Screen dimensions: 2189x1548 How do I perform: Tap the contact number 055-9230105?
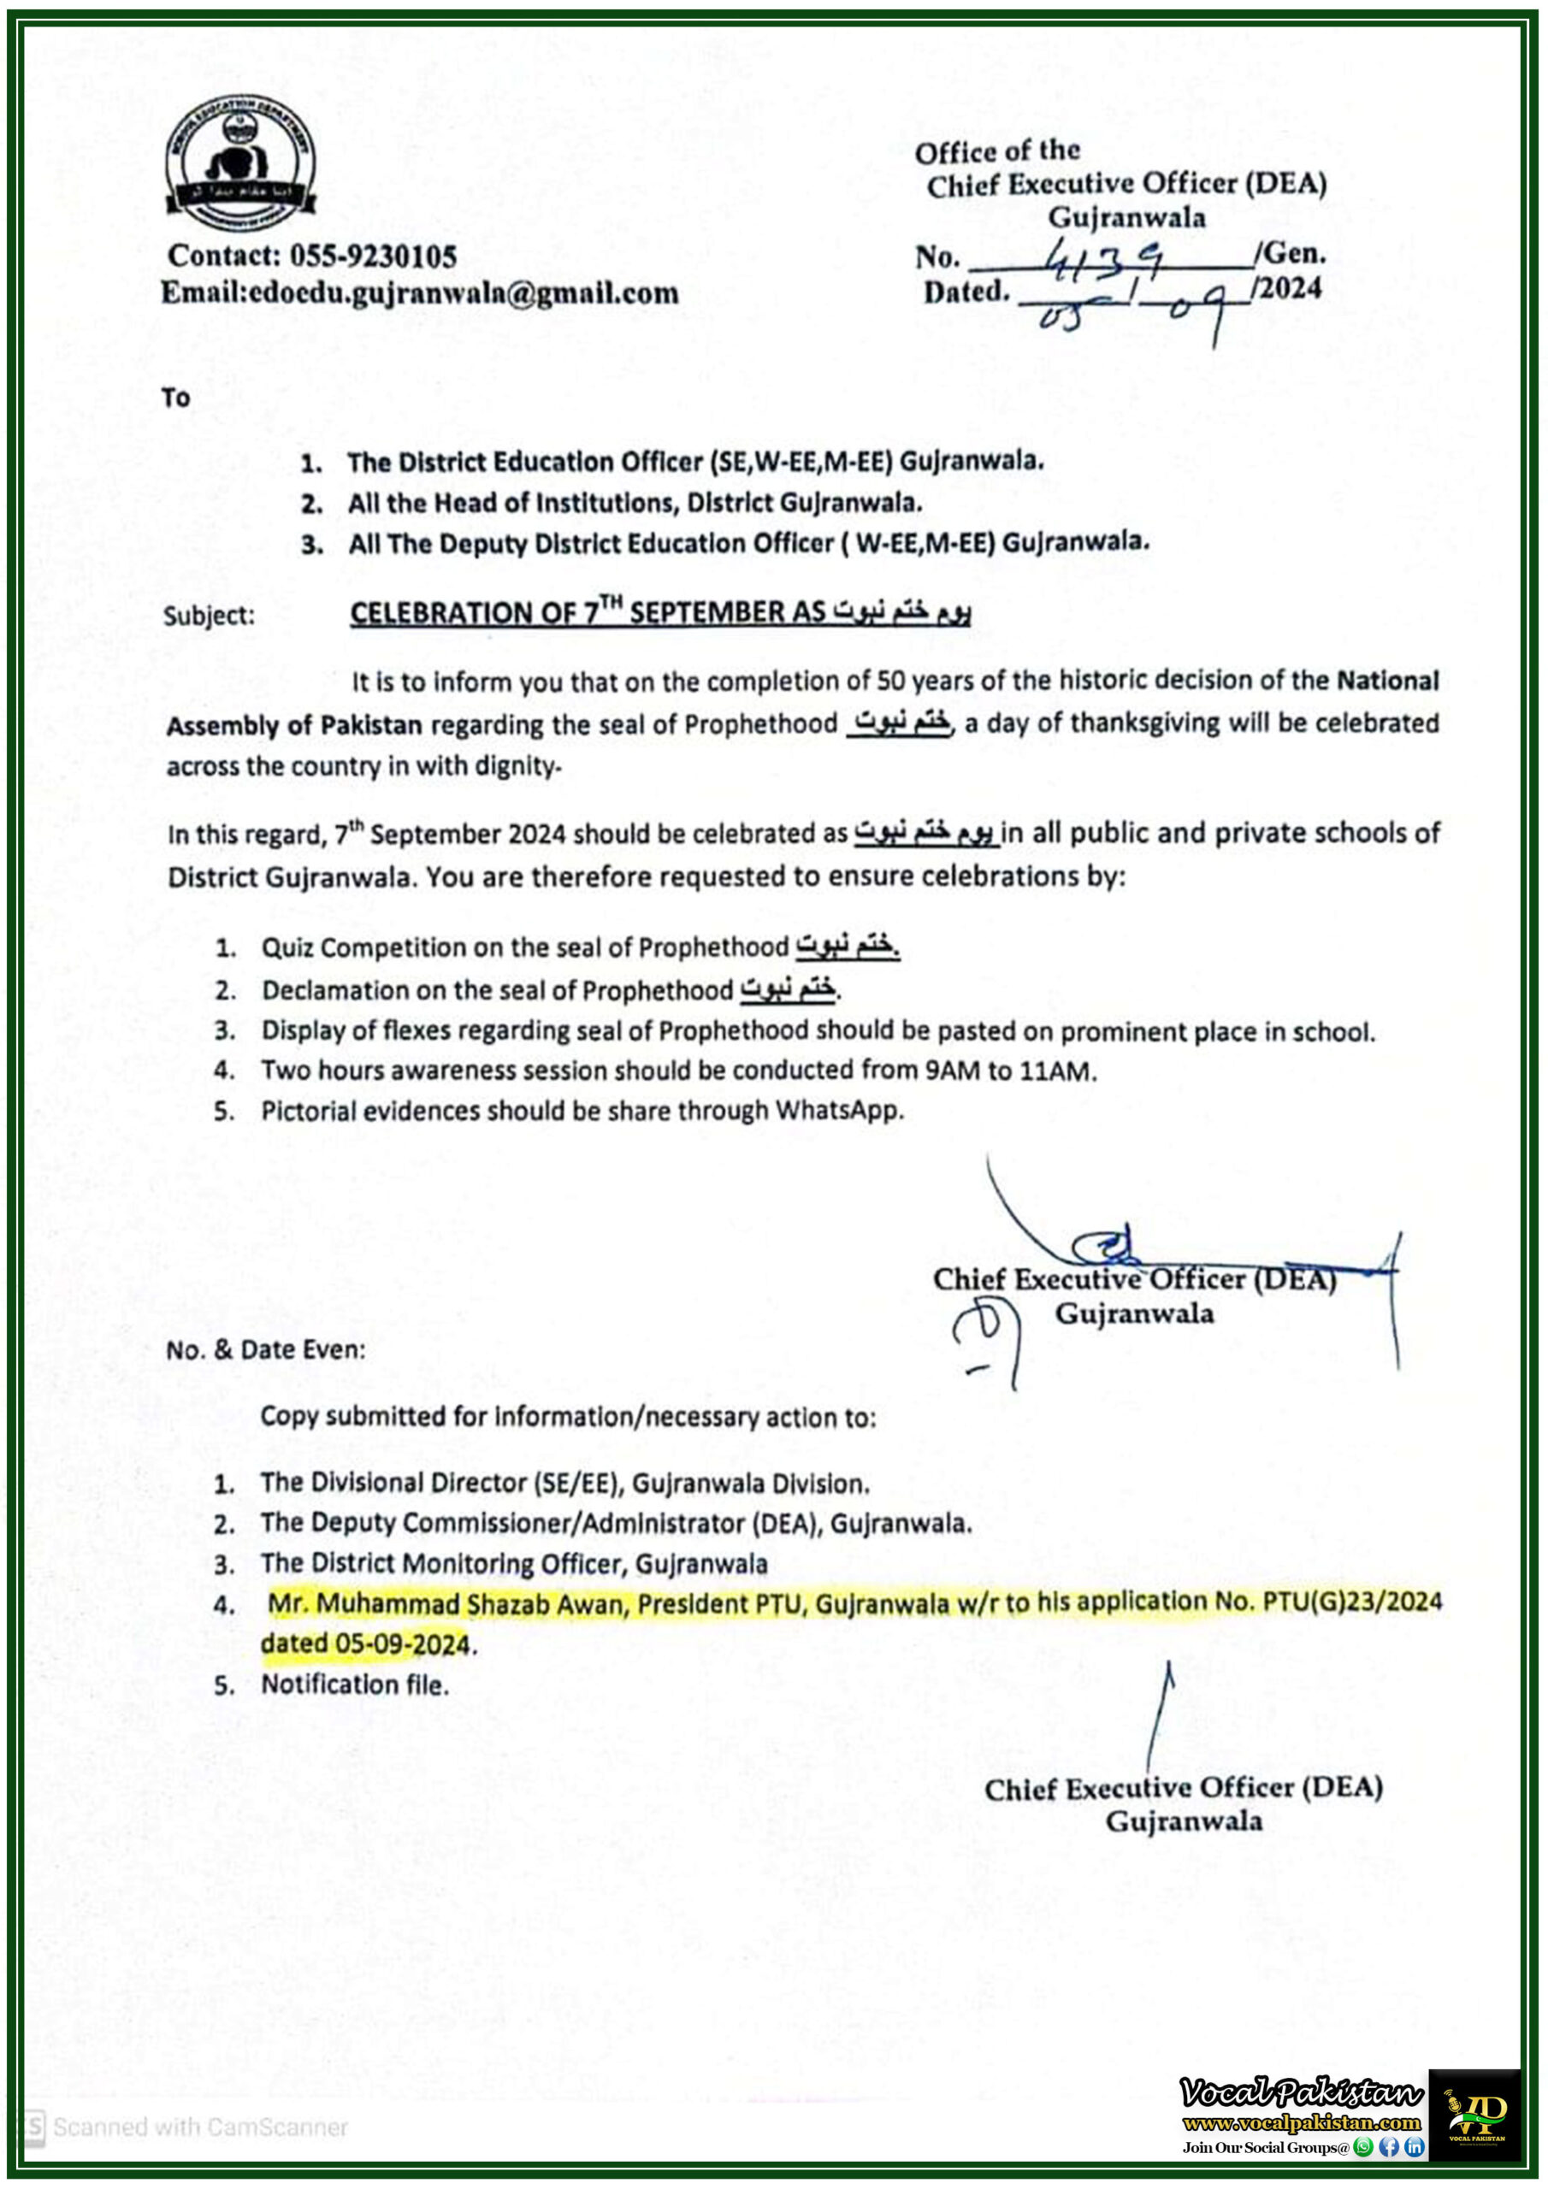click(373, 256)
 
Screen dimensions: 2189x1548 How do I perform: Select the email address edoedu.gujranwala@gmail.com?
click(464, 292)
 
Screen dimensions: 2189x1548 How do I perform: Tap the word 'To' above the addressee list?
click(175, 398)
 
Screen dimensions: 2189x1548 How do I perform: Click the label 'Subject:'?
click(209, 615)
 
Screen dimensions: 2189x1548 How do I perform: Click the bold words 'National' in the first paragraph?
click(1387, 681)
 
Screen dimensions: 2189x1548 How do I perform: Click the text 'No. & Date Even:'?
click(265, 1350)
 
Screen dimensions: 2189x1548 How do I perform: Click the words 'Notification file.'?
click(354, 1685)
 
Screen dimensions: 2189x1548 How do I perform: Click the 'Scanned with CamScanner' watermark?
click(198, 2127)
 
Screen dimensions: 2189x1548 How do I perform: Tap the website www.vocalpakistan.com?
click(1301, 2123)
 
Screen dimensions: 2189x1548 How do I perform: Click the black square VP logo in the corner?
click(1474, 2114)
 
